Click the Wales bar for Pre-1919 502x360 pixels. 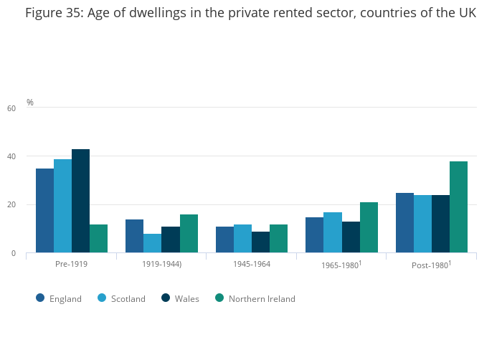coord(80,201)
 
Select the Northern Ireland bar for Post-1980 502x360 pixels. coord(458,207)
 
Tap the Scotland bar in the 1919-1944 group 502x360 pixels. coord(152,243)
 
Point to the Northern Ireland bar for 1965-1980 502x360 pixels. coord(369,227)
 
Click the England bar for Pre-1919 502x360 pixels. coord(44,210)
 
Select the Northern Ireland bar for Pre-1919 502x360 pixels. coord(98,238)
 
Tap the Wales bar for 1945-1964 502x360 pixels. coord(260,242)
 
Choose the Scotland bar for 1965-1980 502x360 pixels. coord(333,232)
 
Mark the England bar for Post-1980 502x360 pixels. coord(404,222)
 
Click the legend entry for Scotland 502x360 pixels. coord(128,299)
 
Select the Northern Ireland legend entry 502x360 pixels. coord(261,299)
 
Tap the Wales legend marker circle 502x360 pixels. coord(165,298)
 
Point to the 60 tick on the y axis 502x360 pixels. coord(11,108)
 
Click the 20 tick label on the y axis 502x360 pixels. coord(11,205)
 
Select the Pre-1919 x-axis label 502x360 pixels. coord(71,264)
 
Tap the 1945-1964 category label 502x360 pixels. coord(251,264)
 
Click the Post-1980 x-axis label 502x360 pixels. coord(430,265)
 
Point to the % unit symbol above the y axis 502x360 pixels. coord(30,103)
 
